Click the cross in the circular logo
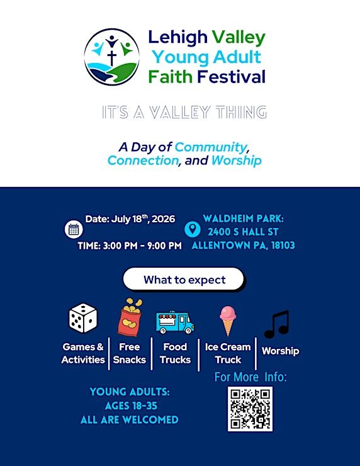[111, 57]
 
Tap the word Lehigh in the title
[177, 37]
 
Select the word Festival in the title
[231, 77]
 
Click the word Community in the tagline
[211, 147]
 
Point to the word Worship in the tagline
[237, 161]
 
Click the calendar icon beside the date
[74, 229]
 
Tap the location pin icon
[192, 229]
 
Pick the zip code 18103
[283, 245]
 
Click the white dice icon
[83, 318]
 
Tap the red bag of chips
[130, 317]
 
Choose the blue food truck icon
[175, 322]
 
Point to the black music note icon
[276, 324]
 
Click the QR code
[250, 409]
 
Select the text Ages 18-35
[131, 406]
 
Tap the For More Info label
[250, 377]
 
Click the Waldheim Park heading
[244, 219]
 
